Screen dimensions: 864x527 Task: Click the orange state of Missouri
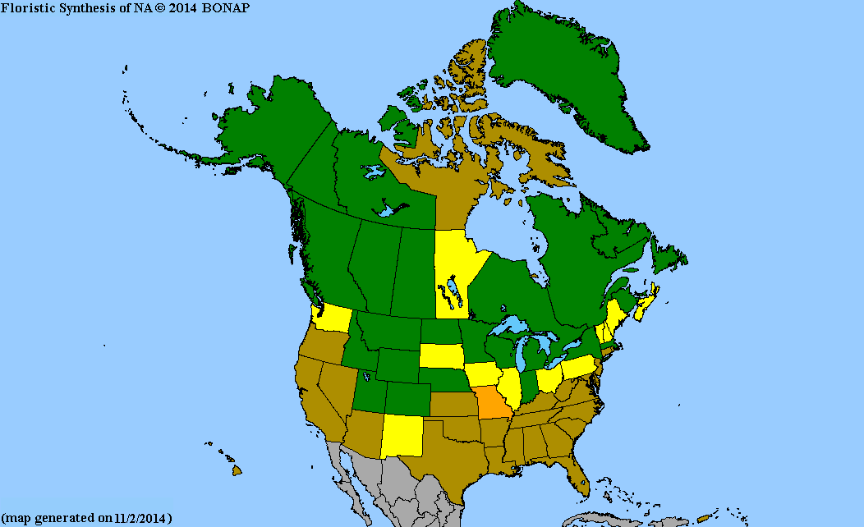point(493,403)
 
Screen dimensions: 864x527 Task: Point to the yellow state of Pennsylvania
point(578,366)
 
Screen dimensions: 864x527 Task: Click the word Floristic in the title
point(27,7)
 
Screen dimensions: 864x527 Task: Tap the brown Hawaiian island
point(236,470)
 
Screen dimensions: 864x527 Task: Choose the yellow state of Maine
point(614,316)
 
